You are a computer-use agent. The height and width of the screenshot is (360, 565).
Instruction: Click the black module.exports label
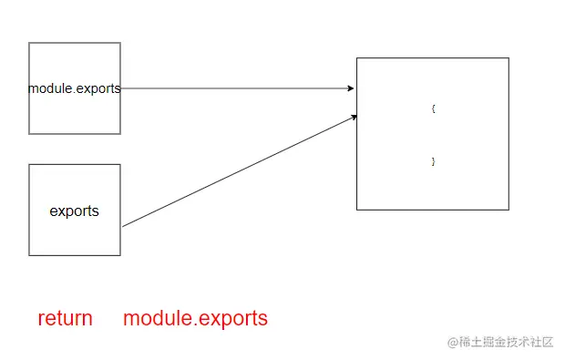tap(74, 88)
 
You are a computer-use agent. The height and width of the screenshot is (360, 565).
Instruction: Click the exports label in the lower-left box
tap(74, 211)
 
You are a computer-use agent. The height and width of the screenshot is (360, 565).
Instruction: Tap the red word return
tap(65, 318)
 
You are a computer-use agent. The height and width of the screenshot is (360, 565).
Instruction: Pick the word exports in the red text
tap(232, 318)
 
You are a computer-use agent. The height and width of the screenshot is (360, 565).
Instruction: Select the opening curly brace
tap(434, 108)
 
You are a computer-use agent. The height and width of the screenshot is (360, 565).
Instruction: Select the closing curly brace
tap(434, 161)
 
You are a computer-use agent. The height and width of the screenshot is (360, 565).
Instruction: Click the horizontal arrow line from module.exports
tap(237, 88)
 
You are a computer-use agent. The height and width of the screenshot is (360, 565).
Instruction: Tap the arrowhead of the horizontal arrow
tap(352, 88)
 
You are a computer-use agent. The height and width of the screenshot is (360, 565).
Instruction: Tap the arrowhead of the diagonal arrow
tap(354, 117)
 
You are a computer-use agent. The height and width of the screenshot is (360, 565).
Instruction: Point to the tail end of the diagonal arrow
tap(123, 225)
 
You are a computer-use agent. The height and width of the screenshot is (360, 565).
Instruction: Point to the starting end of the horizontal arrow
tap(122, 88)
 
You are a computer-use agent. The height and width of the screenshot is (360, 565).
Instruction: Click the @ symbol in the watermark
tap(451, 342)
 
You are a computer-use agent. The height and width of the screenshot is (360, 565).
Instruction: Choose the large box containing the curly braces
tap(432, 134)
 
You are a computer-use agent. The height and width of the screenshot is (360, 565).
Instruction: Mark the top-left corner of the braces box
tap(357, 58)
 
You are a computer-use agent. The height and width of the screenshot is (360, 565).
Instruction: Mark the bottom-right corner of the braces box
tap(508, 210)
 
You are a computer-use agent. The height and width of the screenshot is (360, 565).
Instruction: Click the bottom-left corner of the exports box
tap(29, 255)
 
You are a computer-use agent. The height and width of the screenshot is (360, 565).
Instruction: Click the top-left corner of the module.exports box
tap(29, 43)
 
